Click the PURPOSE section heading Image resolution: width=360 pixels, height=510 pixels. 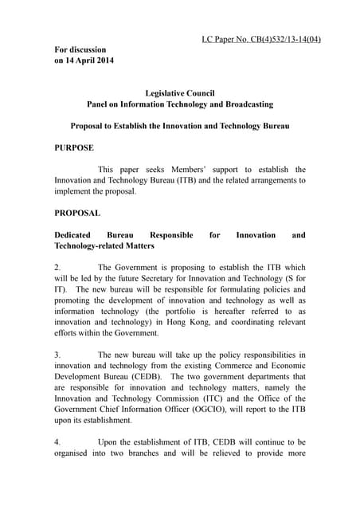coord(74,147)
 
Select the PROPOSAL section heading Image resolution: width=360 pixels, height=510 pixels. coord(77,213)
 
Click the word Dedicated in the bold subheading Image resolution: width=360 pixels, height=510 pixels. coord(73,235)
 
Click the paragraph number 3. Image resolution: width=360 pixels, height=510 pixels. coord(57,354)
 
